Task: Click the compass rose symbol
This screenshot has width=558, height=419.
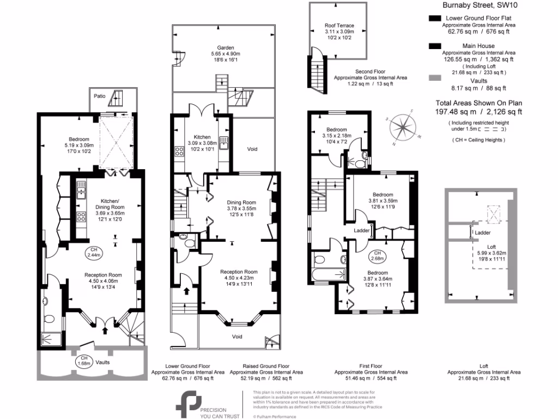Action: click(402, 127)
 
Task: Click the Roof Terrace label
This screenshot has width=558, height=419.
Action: click(339, 26)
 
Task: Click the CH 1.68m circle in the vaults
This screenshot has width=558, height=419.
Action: click(82, 362)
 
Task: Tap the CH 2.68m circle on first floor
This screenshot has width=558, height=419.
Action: click(376, 255)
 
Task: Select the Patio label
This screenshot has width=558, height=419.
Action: click(99, 96)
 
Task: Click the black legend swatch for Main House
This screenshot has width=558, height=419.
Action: click(435, 46)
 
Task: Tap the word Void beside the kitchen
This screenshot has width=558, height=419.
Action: click(252, 149)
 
